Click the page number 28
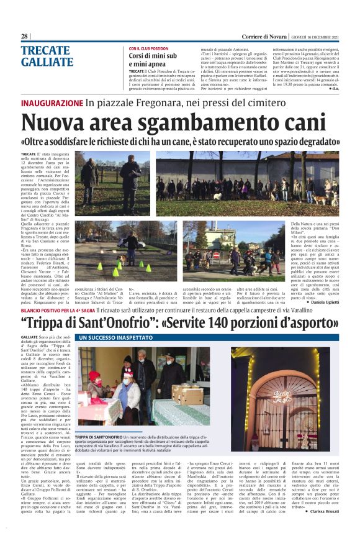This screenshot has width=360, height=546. pyautogui.click(x=24, y=37)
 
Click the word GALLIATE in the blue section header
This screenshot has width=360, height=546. pyautogui.click(x=47, y=61)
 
